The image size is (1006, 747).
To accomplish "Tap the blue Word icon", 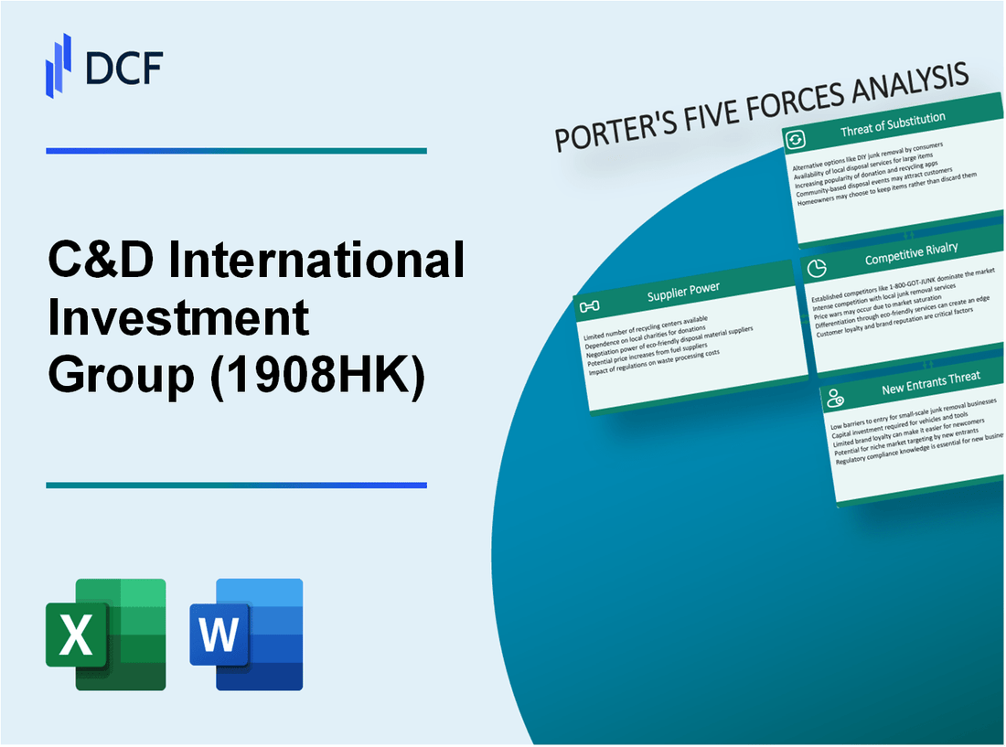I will [246, 634].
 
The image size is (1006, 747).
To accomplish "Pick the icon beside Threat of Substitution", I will [795, 139].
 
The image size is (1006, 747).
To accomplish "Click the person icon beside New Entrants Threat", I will [834, 398].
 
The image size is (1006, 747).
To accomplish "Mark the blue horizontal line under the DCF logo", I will [236, 151].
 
